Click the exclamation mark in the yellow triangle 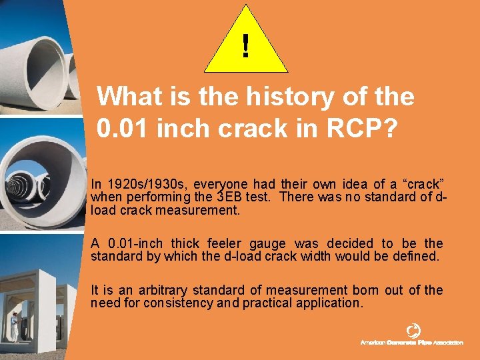[246, 46]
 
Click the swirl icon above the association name [413, 330]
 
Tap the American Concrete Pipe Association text [411, 343]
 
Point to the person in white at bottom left [14, 326]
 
